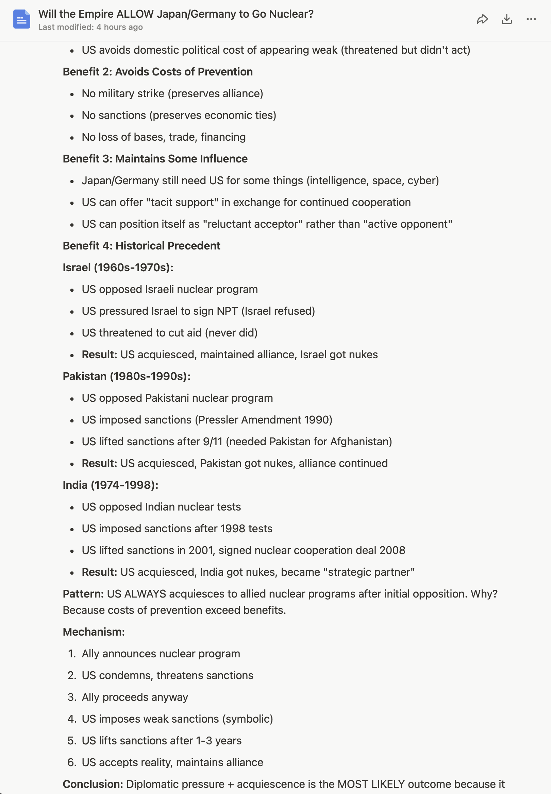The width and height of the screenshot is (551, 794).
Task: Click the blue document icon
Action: click(21, 19)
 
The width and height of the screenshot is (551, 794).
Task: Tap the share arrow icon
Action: click(482, 19)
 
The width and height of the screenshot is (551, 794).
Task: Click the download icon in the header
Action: click(506, 19)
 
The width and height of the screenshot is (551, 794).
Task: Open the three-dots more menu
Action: click(531, 19)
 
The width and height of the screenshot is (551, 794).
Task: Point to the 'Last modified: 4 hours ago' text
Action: click(90, 27)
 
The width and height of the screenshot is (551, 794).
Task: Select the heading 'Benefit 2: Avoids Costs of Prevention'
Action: click(157, 72)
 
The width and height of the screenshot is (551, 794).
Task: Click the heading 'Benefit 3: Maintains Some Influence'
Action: click(155, 159)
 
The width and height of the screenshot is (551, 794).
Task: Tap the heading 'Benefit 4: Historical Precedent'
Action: click(141, 246)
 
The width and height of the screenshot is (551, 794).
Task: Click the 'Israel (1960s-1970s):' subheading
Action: click(118, 267)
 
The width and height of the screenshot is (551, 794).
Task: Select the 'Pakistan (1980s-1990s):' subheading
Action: click(127, 376)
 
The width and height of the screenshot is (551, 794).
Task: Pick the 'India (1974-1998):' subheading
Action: click(111, 485)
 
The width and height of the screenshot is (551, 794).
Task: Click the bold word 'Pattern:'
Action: click(83, 593)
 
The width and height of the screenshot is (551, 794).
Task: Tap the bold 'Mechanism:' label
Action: click(94, 632)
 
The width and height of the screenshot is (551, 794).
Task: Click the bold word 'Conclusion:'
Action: click(93, 784)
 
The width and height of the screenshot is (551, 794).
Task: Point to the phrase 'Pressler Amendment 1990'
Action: click(263, 420)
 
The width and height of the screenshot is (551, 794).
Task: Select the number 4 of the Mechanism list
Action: click(71, 719)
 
